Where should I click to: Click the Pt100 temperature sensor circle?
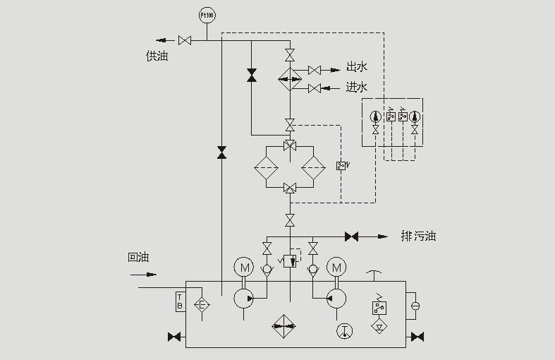point(206,14)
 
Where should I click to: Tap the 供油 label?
point(157,56)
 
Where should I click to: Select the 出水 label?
point(357,68)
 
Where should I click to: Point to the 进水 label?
point(357,88)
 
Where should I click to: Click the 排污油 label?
point(418,236)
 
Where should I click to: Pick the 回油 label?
point(139,258)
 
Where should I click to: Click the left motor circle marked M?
point(245,268)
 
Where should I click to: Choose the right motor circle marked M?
point(336,268)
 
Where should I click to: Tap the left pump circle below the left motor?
point(245,298)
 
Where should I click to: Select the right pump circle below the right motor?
point(336,298)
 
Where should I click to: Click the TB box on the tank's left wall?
point(180,301)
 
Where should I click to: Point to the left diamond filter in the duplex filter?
point(266,168)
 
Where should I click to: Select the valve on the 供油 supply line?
point(185,40)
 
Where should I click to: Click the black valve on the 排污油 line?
point(350,236)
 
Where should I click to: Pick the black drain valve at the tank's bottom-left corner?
point(174,337)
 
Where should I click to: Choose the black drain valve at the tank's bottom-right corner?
point(417,337)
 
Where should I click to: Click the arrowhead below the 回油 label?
point(152,274)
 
